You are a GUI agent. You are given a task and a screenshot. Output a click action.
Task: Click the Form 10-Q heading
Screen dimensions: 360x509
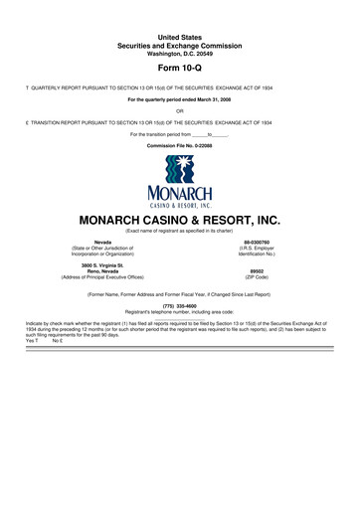pos(180,70)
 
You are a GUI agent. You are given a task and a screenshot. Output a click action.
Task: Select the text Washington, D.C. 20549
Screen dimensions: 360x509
pos(180,53)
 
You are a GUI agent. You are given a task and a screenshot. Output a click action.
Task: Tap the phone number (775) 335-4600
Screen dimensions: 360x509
pos(180,306)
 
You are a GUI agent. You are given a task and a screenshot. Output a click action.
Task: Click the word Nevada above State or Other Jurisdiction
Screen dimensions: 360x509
pos(102,242)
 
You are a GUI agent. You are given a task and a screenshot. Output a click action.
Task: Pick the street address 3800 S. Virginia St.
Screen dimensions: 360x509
pos(102,264)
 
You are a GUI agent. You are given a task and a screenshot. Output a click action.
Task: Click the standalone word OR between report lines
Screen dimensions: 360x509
pos(180,110)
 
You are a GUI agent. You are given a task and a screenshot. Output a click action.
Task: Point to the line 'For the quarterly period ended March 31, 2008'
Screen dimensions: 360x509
pos(180,99)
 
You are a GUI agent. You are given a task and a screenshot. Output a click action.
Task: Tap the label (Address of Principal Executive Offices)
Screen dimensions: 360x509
pos(102,277)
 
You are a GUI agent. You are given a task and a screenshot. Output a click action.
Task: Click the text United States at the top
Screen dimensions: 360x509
pos(180,36)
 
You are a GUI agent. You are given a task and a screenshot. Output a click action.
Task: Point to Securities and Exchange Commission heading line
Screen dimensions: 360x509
pos(180,45)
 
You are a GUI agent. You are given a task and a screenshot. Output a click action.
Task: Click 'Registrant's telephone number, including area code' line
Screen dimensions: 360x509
pos(180,313)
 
